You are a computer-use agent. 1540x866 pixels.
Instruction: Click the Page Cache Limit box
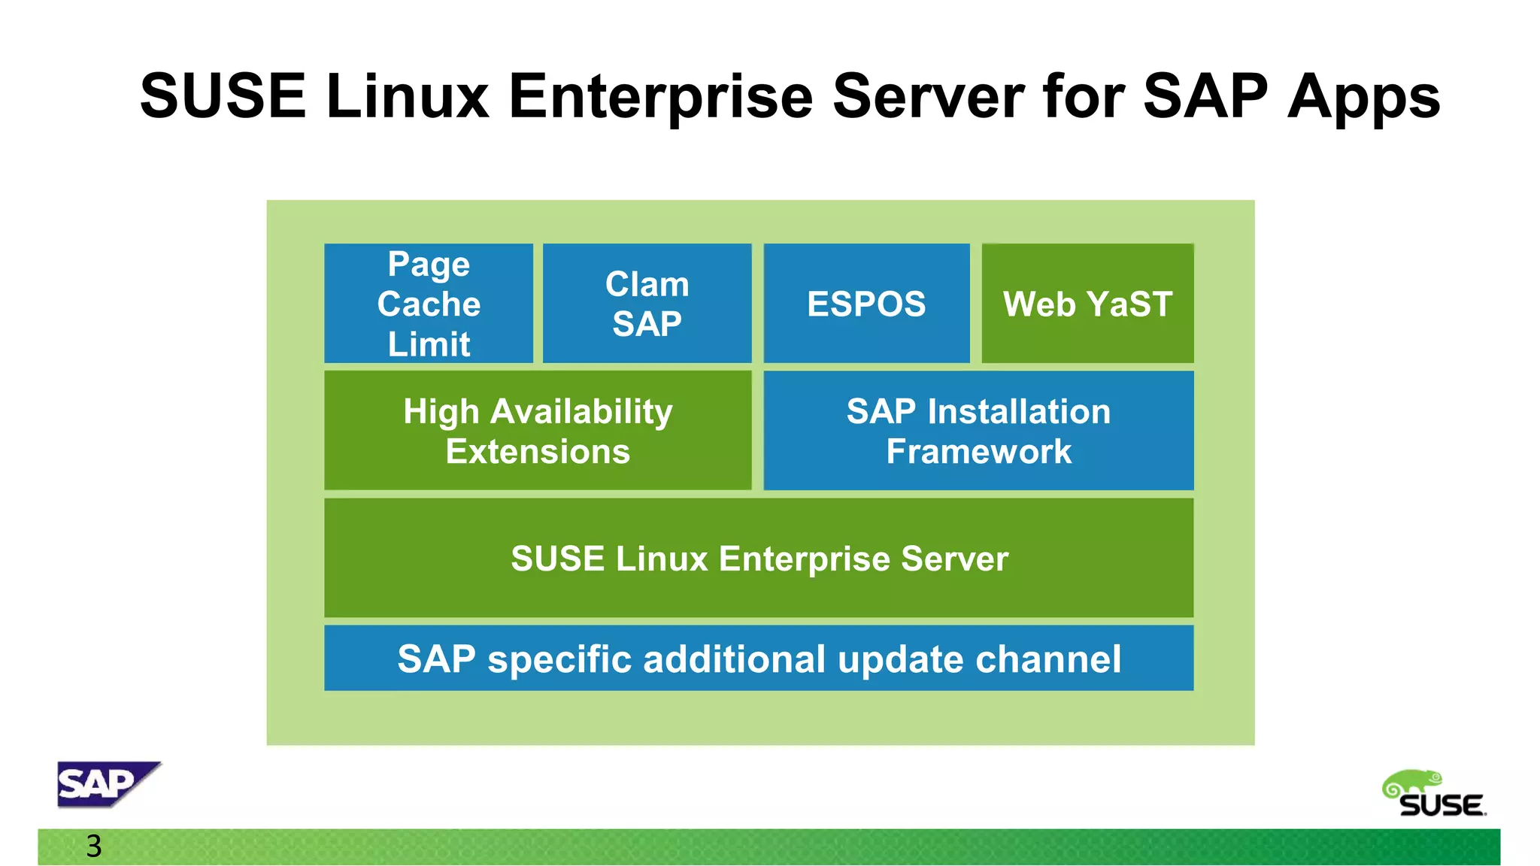click(429, 303)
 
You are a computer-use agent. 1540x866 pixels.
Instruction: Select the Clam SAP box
click(647, 303)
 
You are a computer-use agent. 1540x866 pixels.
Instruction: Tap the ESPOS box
click(866, 303)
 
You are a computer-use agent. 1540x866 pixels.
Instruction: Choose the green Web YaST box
click(1087, 303)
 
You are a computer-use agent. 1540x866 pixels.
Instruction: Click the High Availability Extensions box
click(538, 430)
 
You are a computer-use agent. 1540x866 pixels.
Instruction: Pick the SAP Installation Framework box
click(978, 430)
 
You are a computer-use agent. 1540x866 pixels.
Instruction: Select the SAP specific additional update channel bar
click(759, 658)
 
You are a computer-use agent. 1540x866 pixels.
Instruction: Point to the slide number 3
click(94, 846)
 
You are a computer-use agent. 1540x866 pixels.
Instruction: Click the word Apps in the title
click(1363, 96)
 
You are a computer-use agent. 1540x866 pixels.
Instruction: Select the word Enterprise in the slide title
click(660, 96)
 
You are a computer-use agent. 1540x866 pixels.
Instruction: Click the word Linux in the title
click(408, 96)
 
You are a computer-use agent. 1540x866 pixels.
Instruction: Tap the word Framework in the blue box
click(978, 452)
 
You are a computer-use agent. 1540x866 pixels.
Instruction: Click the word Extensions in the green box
click(538, 452)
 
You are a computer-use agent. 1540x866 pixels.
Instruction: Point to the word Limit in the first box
click(429, 344)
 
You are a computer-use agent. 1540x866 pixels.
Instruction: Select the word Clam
click(647, 284)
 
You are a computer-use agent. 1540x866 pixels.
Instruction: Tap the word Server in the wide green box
click(954, 559)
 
